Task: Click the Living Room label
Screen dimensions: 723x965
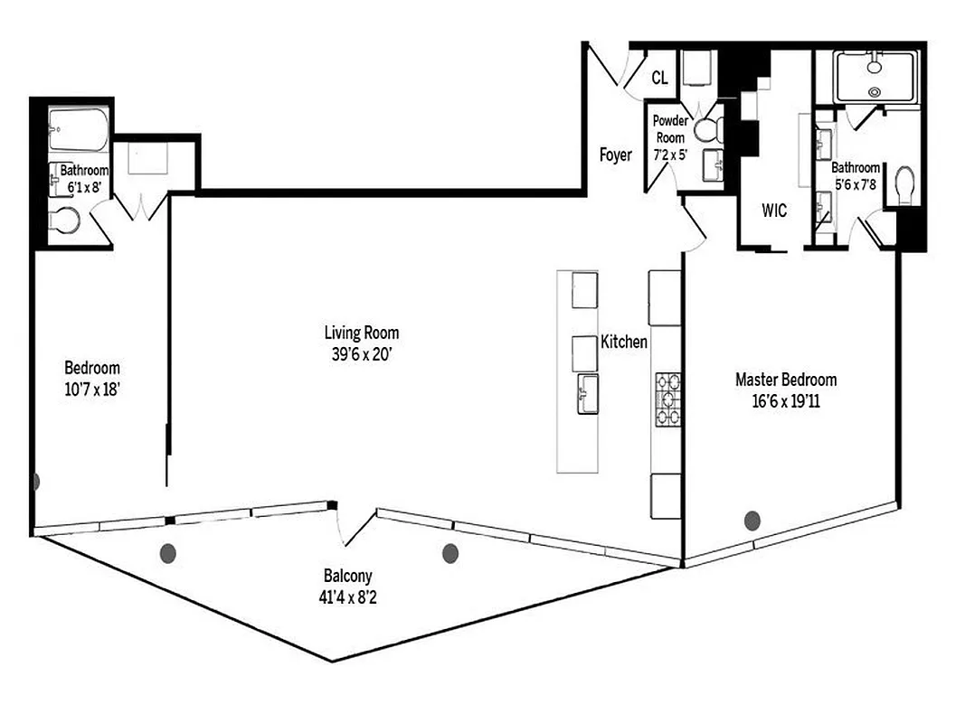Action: point(362,333)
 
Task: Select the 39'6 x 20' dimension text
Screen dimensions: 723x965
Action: point(362,354)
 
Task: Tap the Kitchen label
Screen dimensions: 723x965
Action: point(624,343)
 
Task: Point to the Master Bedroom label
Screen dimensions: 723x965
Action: point(785,380)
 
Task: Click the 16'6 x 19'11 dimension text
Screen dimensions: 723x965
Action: point(785,402)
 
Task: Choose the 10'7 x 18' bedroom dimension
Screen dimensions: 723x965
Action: point(91,390)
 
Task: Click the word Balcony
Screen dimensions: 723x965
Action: point(347,576)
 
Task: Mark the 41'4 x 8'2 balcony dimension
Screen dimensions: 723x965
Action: point(347,596)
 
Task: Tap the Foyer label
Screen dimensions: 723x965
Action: point(616,155)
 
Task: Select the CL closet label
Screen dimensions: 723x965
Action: point(659,79)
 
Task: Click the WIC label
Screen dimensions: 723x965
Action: point(774,211)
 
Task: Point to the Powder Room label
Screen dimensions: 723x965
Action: point(670,129)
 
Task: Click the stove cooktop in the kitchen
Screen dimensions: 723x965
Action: point(668,399)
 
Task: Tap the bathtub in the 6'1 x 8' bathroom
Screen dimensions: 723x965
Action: point(79,130)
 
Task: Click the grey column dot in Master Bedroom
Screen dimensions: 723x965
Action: point(752,520)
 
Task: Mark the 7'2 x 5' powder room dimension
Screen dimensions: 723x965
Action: point(670,154)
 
